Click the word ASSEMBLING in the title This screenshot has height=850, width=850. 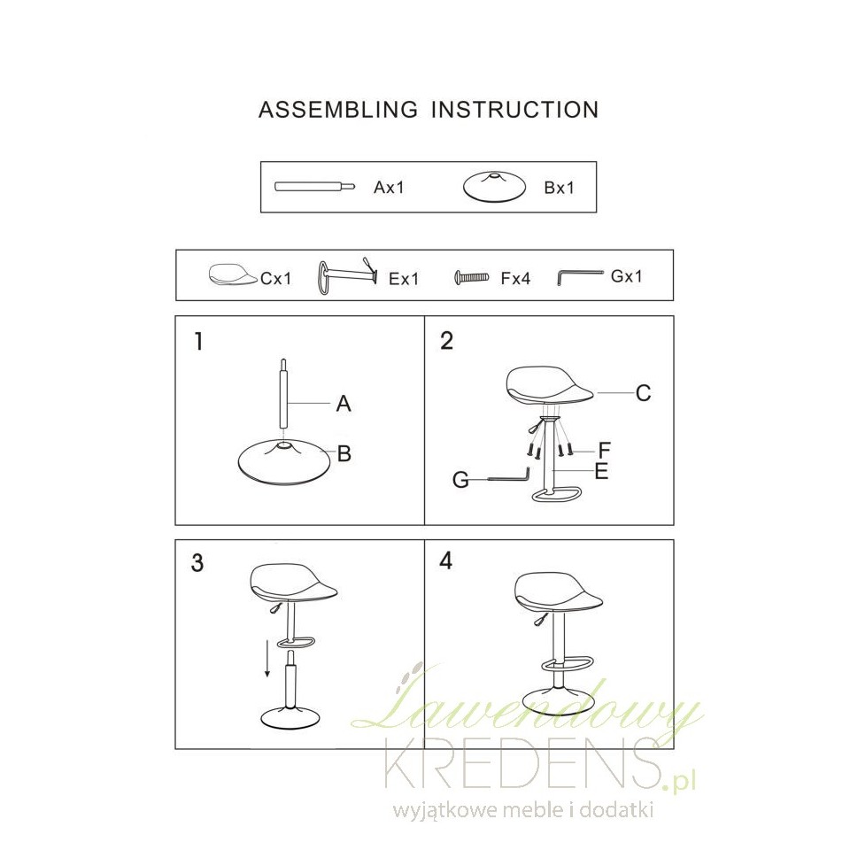tap(338, 110)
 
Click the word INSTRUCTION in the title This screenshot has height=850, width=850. tap(515, 110)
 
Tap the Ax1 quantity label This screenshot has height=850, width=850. tap(389, 188)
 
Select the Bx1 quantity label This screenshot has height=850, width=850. tap(559, 188)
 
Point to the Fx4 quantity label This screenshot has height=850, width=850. tap(515, 279)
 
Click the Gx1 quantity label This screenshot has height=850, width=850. tap(627, 276)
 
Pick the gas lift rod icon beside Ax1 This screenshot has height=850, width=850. tap(315, 187)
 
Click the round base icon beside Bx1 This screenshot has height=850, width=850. tap(494, 188)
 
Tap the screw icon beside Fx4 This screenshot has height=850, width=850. tap(472, 278)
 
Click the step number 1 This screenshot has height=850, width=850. tap(199, 342)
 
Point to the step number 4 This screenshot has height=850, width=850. tap(445, 561)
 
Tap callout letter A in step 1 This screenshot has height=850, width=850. tap(344, 404)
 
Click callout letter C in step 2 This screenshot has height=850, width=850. tap(643, 393)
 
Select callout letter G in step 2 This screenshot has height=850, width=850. tap(460, 480)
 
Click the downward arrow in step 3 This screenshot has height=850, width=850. tap(267, 659)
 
